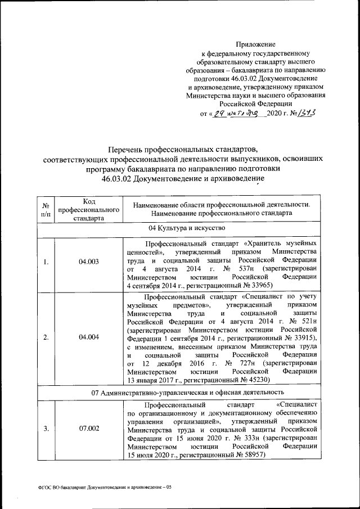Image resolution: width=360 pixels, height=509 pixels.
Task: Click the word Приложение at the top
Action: (255, 44)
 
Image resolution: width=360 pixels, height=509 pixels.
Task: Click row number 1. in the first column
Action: (46, 262)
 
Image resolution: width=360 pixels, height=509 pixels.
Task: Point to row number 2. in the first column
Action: (46, 337)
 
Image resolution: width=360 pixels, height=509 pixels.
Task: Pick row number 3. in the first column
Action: (46, 429)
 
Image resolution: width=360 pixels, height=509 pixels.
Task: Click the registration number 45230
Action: (259, 380)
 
